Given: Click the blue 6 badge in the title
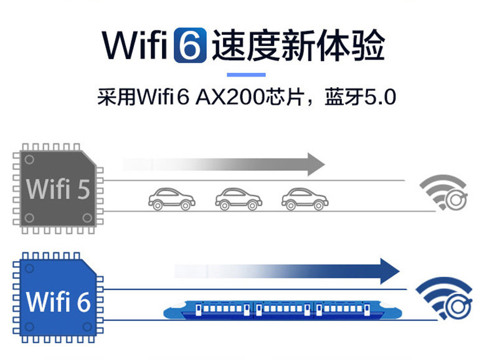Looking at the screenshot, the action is (x=190, y=45).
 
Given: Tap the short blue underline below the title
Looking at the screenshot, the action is (x=245, y=75).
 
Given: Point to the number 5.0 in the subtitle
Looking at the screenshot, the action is (x=379, y=98).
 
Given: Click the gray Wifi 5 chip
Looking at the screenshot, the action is (x=57, y=188).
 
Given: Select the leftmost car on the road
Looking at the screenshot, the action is (x=171, y=199).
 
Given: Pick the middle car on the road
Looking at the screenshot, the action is (x=238, y=199).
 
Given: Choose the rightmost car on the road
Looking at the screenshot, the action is (x=305, y=199).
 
